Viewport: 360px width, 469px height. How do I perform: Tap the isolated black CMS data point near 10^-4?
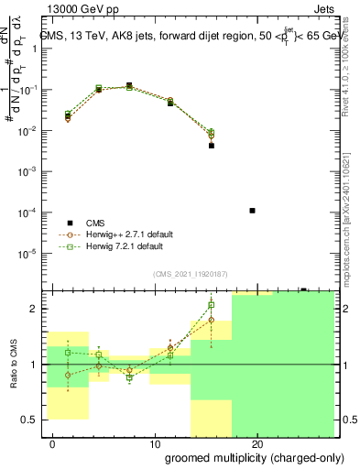[252, 211]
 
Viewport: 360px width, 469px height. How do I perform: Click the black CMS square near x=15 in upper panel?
[212, 146]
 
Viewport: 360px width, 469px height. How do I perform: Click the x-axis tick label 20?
[256, 444]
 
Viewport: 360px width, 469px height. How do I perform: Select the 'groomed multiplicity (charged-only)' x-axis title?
[248, 458]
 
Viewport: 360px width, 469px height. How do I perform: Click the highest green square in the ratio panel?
[212, 305]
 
